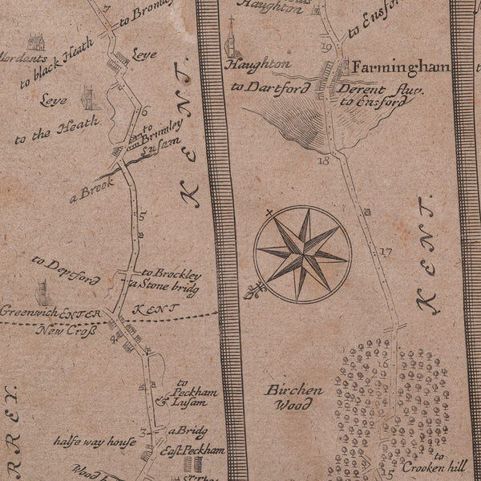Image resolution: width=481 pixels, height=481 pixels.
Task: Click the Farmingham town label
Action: pyautogui.click(x=398, y=67)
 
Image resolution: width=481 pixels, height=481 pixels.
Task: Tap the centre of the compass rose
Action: pyautogui.click(x=302, y=254)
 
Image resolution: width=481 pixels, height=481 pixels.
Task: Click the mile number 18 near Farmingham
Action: pyautogui.click(x=324, y=160)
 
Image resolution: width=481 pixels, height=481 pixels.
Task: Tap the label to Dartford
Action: pyautogui.click(x=269, y=86)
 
